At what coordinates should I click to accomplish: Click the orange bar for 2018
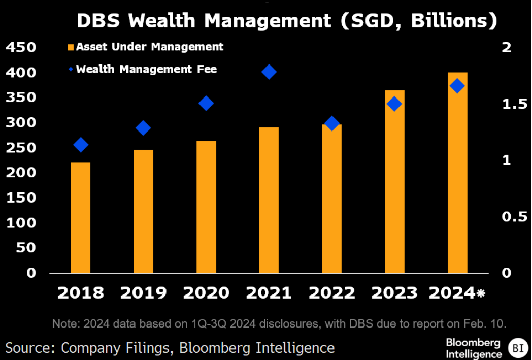[x=80, y=218]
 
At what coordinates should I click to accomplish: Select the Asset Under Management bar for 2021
[x=269, y=200]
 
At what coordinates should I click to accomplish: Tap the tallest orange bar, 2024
[x=457, y=173]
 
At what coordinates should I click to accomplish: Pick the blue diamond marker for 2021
[x=269, y=72]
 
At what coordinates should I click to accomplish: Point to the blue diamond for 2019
[x=144, y=127]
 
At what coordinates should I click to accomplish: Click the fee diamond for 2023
[x=394, y=104]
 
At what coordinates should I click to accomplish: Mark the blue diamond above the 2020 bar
[x=206, y=103]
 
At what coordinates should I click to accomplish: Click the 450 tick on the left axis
[x=20, y=47]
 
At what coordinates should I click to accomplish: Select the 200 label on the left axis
[x=20, y=173]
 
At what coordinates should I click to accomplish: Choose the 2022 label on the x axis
[x=332, y=292]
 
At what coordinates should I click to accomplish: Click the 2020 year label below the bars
[x=206, y=292]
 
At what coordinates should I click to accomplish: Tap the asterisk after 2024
[x=480, y=293]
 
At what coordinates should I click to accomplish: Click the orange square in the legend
[x=71, y=47]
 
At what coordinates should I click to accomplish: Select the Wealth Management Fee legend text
[x=146, y=69]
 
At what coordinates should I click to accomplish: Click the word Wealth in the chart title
[x=163, y=21]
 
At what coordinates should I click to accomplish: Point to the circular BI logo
[x=518, y=348]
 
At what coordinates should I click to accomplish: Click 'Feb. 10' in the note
[x=490, y=323]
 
